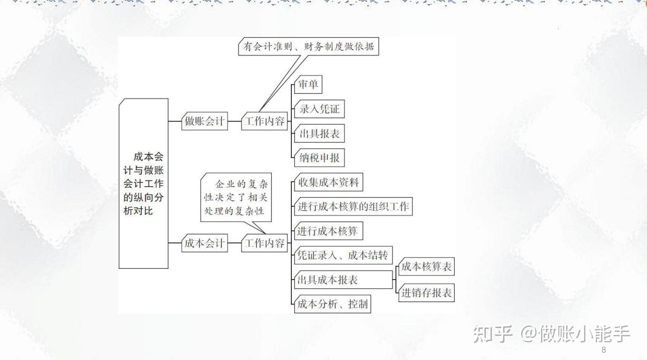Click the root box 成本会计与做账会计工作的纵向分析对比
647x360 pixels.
143,183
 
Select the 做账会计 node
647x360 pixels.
204,121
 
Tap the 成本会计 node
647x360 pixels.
204,243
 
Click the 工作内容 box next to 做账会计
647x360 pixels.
264,121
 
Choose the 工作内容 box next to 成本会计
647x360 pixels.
264,243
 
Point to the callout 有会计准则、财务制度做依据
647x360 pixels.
309,47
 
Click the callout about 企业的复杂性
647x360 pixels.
236,197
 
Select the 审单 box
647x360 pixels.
308,84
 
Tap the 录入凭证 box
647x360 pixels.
319,109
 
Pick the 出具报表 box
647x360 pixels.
319,134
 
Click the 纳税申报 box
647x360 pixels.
319,158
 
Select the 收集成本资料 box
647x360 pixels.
328,182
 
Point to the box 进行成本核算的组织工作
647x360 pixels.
353,207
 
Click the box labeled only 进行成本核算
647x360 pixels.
328,231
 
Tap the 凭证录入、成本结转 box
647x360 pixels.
343,255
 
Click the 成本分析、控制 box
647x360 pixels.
332,304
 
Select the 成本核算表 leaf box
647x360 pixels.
426,267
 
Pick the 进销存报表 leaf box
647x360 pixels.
426,293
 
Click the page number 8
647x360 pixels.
603,350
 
